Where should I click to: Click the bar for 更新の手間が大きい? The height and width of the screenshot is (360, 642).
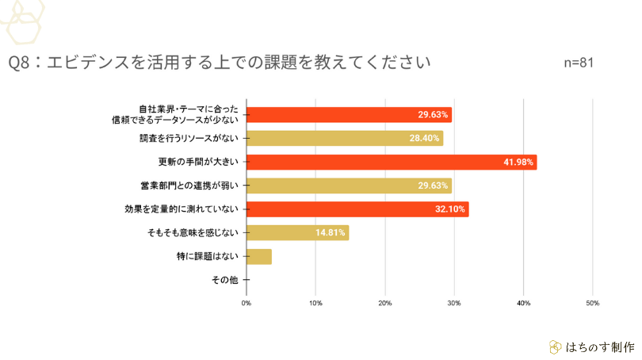tap(392, 162)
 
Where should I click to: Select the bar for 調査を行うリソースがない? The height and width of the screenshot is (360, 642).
tap(345, 138)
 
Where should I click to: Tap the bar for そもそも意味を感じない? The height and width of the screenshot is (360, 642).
tap(297, 232)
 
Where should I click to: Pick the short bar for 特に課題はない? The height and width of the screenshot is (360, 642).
tap(259, 256)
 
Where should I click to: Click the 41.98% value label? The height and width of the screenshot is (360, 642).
tap(520, 162)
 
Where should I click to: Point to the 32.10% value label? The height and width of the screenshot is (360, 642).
tap(452, 209)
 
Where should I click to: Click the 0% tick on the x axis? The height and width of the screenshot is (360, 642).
tap(246, 303)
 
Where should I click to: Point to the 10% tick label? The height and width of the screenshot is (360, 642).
tap(315, 303)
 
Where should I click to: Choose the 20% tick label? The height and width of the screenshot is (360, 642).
tap(385, 303)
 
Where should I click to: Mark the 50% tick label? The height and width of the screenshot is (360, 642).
tap(592, 303)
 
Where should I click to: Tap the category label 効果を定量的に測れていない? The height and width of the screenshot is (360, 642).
tap(183, 209)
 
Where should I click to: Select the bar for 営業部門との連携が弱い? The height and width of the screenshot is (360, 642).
tap(349, 186)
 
